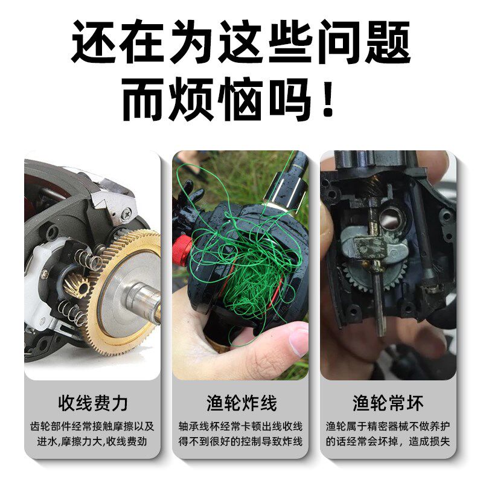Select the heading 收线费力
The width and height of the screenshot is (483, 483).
[x=93, y=402]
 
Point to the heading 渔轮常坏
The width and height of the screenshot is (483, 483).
[x=388, y=402]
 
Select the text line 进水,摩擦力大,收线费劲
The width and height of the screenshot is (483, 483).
[x=93, y=441]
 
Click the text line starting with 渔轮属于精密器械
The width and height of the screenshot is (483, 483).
[x=388, y=425]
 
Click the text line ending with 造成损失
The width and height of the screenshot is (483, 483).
[x=388, y=441]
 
